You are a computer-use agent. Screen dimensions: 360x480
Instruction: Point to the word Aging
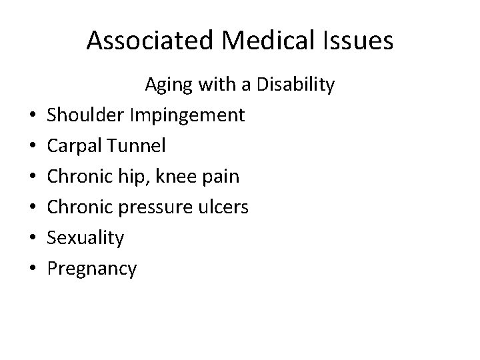point(169,86)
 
